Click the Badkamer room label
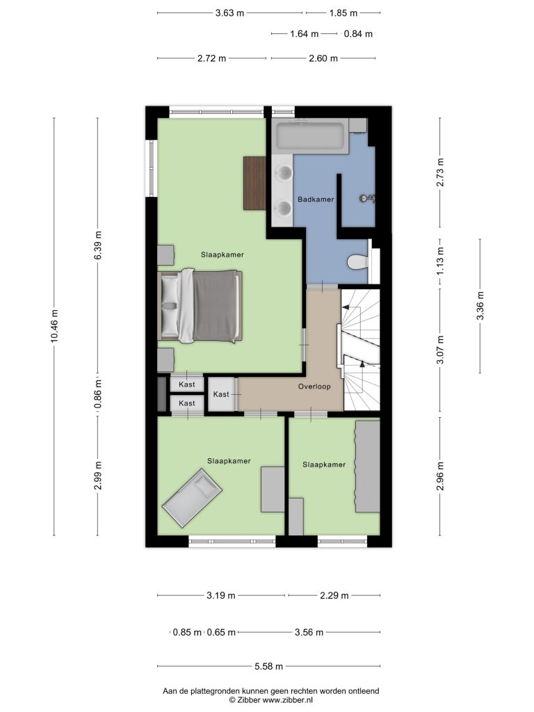coord(316,200)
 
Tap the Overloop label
coord(314,387)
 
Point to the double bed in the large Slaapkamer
coord(200,305)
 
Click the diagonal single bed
coord(192,498)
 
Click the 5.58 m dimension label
coord(268,666)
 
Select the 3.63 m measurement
coord(229,13)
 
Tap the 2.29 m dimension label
coord(334,595)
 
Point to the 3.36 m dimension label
coord(480,306)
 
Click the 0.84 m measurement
coord(358,33)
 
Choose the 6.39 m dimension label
coord(98,245)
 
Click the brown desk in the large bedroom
coord(254,183)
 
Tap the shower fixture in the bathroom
coord(367,198)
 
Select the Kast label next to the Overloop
coord(221,394)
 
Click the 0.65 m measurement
coord(222,632)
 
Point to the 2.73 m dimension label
coord(440,172)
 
